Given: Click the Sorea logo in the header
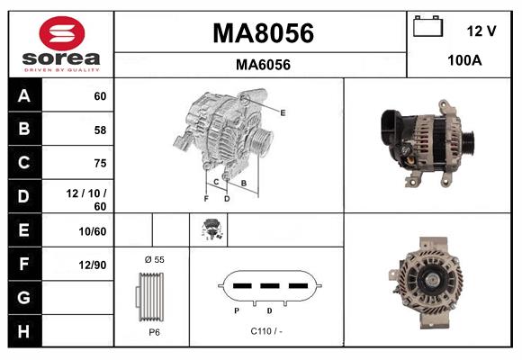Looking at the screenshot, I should coord(61,44).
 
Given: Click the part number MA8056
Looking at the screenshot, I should coord(262,33).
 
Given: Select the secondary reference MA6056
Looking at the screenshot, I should coord(262,65).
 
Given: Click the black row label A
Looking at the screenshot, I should coord(24,96).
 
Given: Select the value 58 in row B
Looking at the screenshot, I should coord(99,130).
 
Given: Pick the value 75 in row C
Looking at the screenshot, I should coord(99,163).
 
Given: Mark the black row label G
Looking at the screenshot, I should coord(24,297).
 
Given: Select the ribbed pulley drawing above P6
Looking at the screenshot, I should coord(150,294).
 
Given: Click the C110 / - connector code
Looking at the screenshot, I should coord(267,331).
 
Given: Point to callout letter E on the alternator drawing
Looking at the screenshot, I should coord(282,112).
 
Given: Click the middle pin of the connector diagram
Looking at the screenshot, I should coord(268,286).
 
